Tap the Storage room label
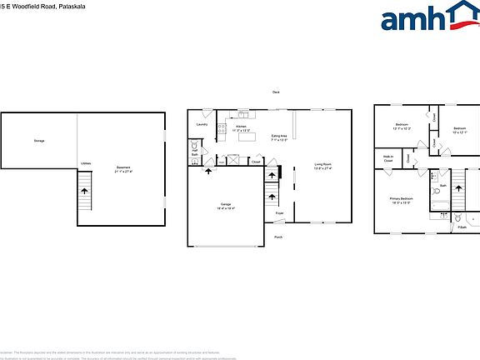pos(39,141)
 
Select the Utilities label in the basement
pos(86,163)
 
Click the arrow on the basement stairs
pos(85,192)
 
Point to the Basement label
pos(123,169)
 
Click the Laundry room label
pos(201,125)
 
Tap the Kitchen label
pos(241,127)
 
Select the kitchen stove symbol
pos(222,129)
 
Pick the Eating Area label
pos(279,137)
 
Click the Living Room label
pos(322,166)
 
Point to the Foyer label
pos(279,214)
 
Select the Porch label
pos(277,237)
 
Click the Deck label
pos(276,92)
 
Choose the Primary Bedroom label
pos(401,199)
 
